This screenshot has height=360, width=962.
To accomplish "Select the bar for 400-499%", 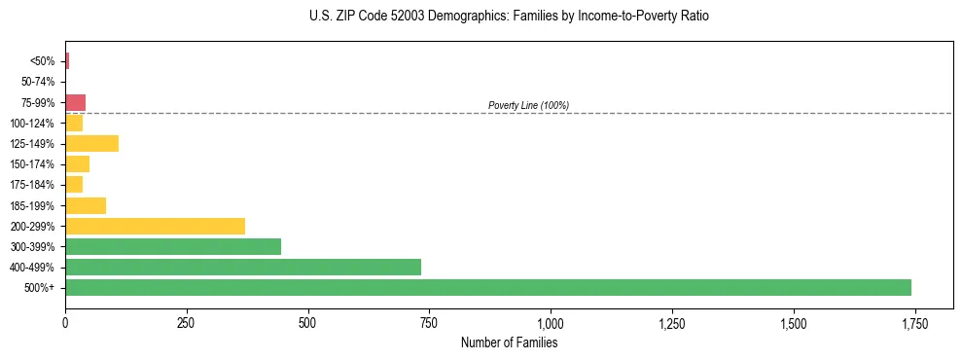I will pyautogui.click(x=243, y=267).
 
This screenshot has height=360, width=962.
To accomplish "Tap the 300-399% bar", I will pyautogui.click(x=173, y=246).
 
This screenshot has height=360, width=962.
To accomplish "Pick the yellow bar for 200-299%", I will pyautogui.click(x=155, y=226).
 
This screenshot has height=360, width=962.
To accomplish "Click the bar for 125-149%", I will pyautogui.click(x=91, y=144).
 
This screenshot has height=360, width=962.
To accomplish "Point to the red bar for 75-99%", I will pyautogui.click(x=76, y=102).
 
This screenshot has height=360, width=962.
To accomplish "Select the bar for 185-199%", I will pyautogui.click(x=86, y=205).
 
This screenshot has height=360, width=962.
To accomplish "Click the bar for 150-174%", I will pyautogui.click(x=77, y=164).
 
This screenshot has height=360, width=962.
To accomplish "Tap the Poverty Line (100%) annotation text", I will pyautogui.click(x=528, y=105).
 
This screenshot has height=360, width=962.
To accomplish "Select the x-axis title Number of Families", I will pyautogui.click(x=510, y=342).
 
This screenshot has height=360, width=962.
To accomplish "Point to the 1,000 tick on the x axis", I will pyautogui.click(x=551, y=323).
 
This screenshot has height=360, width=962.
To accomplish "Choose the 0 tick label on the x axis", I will pyautogui.click(x=65, y=323).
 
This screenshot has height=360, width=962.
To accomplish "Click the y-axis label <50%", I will pyautogui.click(x=43, y=61).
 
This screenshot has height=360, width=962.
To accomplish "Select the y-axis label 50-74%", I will pyautogui.click(x=39, y=82).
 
